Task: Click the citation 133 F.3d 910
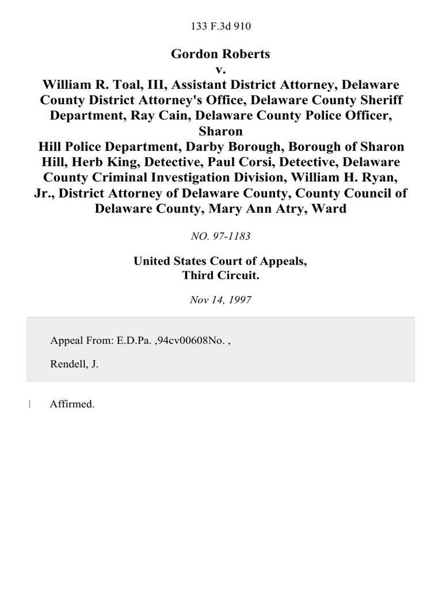click(x=220, y=26)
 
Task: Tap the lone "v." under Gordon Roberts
click(x=220, y=69)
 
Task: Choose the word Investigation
click(x=199, y=177)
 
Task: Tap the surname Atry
click(x=287, y=209)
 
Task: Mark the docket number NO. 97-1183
click(x=220, y=236)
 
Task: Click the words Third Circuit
click(x=220, y=275)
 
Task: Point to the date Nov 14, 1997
click(x=220, y=300)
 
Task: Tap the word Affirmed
click(x=72, y=404)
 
